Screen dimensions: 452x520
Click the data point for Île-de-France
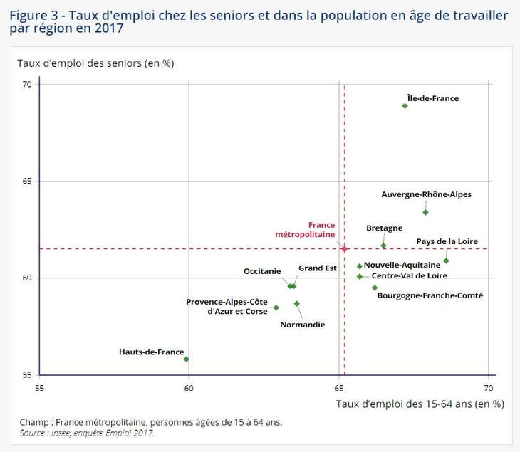click(x=405, y=105)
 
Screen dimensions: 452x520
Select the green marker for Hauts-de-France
click(x=187, y=359)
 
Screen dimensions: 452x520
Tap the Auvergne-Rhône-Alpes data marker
click(x=425, y=212)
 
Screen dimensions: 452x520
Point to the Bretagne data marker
click(x=383, y=246)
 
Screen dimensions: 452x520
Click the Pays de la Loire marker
click(x=446, y=261)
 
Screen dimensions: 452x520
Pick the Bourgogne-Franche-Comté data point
click(x=375, y=288)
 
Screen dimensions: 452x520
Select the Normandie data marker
click(x=297, y=303)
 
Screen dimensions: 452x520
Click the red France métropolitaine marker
click(x=344, y=248)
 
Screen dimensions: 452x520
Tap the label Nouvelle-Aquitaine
click(x=402, y=265)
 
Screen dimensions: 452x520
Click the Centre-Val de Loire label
click(x=410, y=275)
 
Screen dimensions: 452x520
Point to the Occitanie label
click(x=262, y=271)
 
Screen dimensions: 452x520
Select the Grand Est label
click(x=318, y=268)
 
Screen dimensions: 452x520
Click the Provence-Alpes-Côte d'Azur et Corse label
click(x=227, y=306)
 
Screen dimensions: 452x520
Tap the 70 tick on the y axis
click(x=27, y=85)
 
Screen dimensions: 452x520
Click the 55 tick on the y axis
click(x=27, y=375)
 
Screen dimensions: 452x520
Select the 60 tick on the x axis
click(x=189, y=387)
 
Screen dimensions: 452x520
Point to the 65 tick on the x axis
click(x=339, y=387)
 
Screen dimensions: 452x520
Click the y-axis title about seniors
click(x=95, y=63)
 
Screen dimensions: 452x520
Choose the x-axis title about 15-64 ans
click(x=420, y=404)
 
